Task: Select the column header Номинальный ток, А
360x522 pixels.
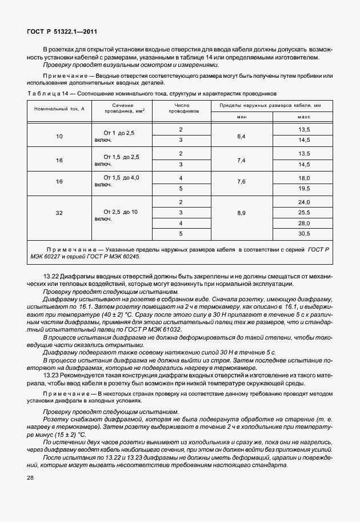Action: [59, 108]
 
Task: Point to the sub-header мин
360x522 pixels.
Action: [241, 117]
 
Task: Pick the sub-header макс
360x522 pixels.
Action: [303, 117]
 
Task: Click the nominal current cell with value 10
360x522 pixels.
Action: [59, 137]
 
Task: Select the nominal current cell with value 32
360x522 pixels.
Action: [59, 212]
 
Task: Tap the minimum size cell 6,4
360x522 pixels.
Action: [241, 137]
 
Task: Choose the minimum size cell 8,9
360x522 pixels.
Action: [241, 212]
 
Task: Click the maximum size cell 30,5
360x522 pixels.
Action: [303, 233]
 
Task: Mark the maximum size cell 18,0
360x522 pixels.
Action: [303, 178]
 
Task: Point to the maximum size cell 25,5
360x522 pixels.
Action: [303, 213]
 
